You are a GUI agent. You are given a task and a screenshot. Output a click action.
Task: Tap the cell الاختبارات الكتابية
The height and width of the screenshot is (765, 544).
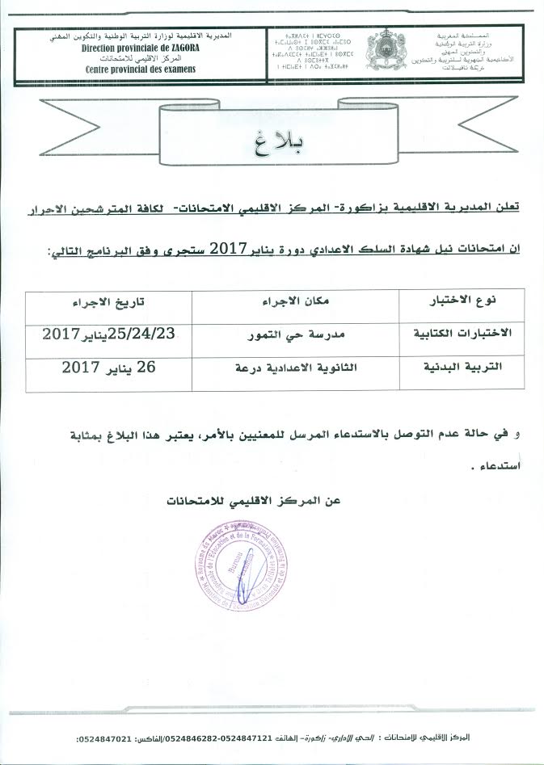pyautogui.click(x=462, y=333)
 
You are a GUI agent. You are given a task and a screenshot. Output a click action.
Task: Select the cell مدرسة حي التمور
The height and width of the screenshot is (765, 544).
pyautogui.click(x=295, y=333)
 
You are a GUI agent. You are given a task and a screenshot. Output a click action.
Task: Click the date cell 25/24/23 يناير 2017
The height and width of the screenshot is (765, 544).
pyautogui.click(x=107, y=333)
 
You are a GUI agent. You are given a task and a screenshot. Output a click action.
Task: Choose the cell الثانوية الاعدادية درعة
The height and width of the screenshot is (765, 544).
pyautogui.click(x=295, y=368)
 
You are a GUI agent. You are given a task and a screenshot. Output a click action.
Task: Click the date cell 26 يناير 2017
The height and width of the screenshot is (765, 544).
pyautogui.click(x=108, y=367)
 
